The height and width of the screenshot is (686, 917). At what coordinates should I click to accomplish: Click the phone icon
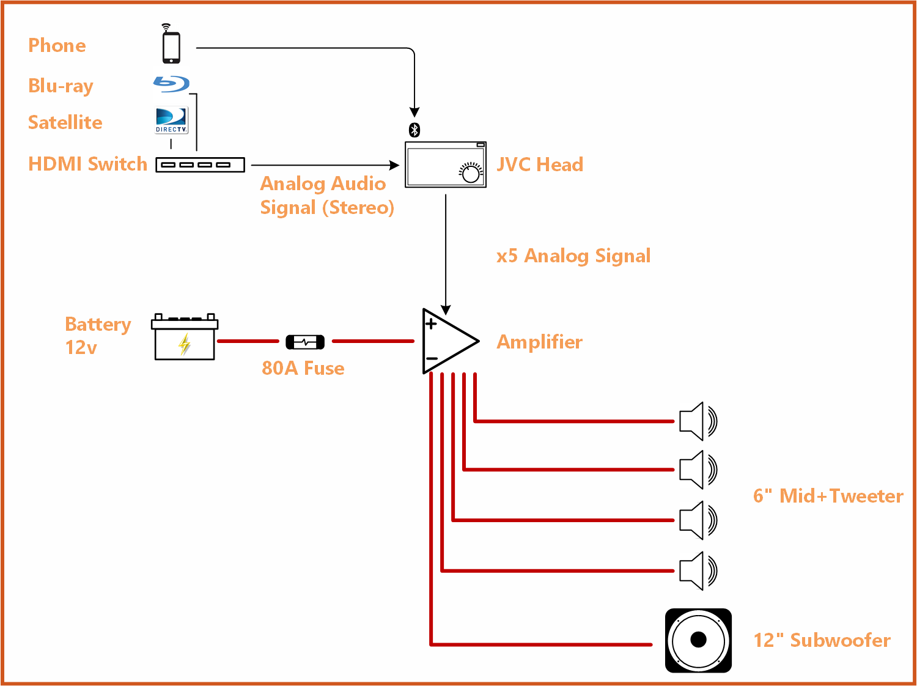[171, 46]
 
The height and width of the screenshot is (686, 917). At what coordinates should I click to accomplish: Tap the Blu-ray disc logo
[171, 84]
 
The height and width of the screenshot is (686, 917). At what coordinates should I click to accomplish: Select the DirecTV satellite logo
[171, 120]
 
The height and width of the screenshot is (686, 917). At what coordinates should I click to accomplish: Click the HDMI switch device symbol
[200, 165]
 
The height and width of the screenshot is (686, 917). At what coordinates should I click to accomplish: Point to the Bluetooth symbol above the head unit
[414, 130]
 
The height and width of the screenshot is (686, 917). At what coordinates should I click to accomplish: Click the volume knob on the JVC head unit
[471, 174]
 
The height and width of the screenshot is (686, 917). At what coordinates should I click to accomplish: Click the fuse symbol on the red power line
[305, 342]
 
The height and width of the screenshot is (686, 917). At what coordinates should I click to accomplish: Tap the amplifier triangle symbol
[446, 341]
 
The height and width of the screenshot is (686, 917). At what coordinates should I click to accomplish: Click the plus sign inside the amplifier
[431, 324]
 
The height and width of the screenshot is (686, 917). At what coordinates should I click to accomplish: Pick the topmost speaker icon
[698, 421]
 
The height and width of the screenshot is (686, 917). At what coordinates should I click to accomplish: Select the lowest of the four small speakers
[698, 571]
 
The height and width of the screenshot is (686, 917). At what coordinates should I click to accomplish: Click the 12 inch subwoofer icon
[698, 640]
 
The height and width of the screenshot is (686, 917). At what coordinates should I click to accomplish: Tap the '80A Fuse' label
[303, 368]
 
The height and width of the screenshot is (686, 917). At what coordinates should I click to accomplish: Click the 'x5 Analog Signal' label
[573, 256]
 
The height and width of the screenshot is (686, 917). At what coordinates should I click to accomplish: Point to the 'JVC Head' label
[539, 164]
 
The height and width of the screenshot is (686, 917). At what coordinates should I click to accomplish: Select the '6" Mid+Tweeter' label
[828, 496]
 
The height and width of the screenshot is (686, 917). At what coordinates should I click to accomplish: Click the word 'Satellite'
[65, 122]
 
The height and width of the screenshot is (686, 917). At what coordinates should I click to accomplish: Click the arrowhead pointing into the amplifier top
[446, 309]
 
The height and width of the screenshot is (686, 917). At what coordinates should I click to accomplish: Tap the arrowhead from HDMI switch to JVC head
[394, 165]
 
